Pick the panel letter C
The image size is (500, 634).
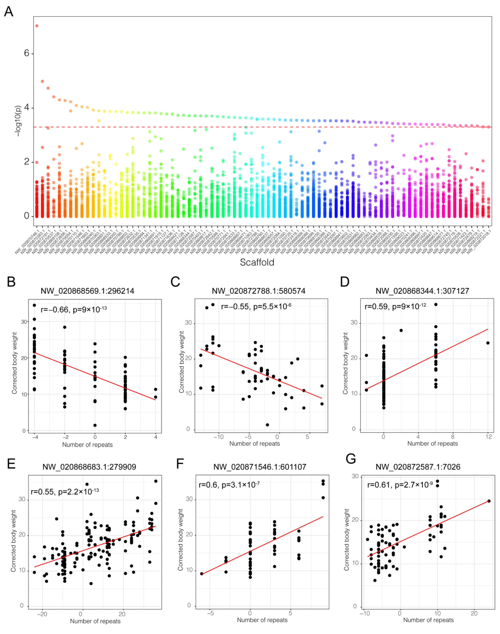[175, 282]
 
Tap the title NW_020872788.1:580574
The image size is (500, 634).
[258, 291]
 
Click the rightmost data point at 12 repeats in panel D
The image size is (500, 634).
[488, 343]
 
